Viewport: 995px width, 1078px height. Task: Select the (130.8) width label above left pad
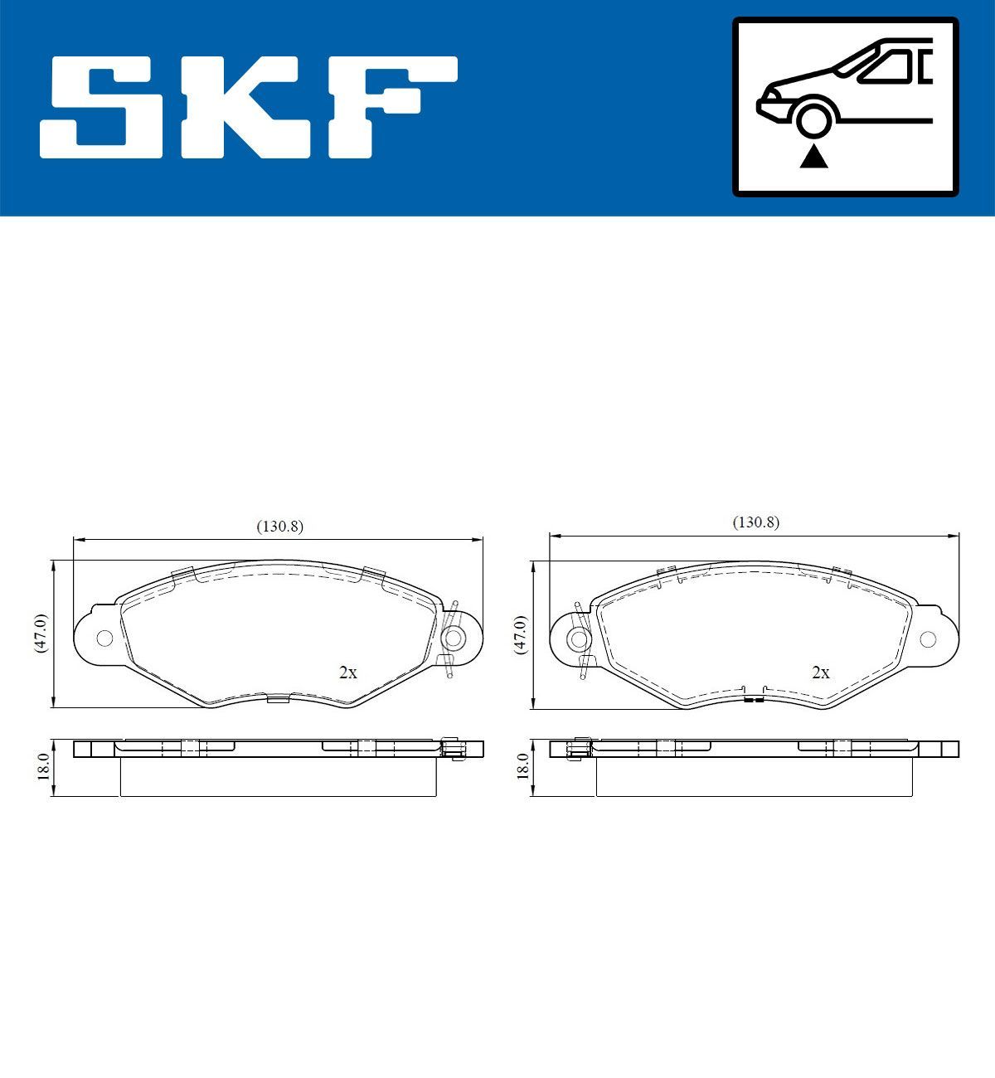279,526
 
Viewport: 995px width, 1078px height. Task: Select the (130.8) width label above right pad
755,522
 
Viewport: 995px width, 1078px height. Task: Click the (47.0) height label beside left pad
41,634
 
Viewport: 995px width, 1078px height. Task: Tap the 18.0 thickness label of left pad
43,765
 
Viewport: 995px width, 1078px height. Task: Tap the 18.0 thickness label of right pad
522,765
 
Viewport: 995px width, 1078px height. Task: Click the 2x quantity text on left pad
348,673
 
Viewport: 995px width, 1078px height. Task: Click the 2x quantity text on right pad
821,673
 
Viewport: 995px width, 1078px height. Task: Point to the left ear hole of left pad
104,638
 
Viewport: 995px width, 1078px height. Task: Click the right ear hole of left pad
454,638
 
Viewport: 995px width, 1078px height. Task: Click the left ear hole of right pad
579,639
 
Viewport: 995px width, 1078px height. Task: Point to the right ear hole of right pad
928,639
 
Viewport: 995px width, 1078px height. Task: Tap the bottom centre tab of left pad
278,699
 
